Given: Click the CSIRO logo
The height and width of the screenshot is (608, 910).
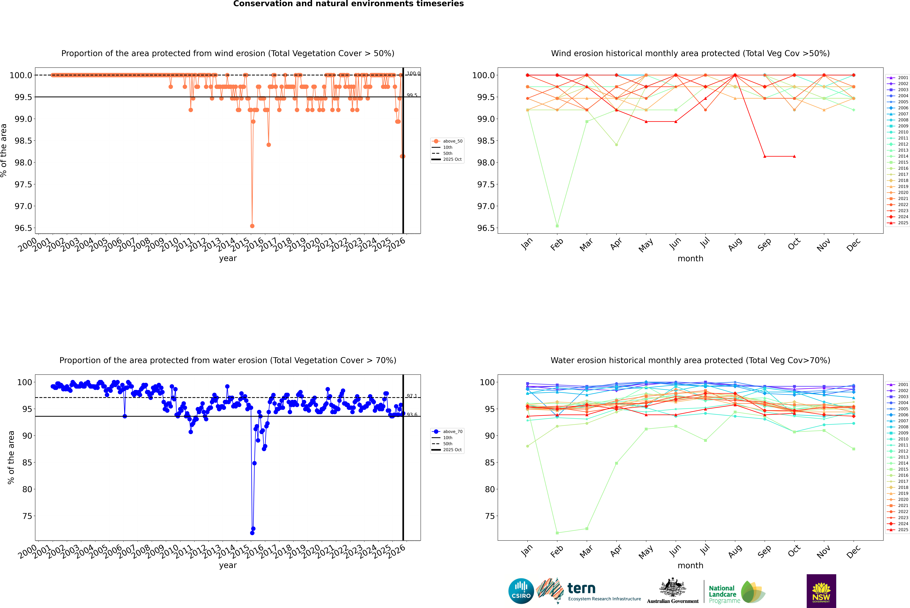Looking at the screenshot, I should coord(521,591).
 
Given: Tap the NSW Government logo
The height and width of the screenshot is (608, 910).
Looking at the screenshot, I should coord(821,591).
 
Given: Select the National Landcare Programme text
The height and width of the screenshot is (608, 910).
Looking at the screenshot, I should coord(722,594).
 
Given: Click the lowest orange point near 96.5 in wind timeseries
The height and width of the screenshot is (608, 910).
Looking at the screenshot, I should coord(252,226).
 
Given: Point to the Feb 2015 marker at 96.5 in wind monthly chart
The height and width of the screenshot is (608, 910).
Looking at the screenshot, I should coord(557,226).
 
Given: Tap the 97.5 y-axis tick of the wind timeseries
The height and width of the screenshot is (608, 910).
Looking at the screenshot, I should coord(23,185).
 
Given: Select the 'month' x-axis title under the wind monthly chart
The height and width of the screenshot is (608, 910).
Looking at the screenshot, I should coord(690,259).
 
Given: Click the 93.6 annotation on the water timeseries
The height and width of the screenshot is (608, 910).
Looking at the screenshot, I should coord(412,415).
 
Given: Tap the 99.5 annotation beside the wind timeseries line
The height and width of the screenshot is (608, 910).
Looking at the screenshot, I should coord(412,95).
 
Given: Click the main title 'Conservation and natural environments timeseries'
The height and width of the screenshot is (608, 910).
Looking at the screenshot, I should coord(348,4).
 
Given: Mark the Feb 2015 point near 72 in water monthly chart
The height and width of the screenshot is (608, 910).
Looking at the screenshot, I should coord(557,533).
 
